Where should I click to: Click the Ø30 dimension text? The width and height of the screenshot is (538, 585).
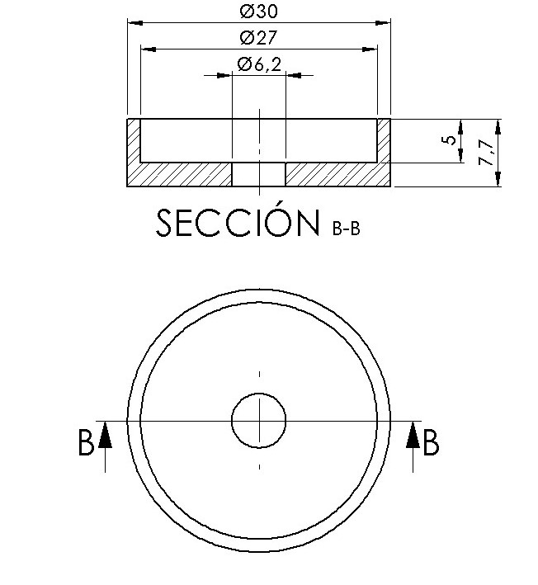[258, 12]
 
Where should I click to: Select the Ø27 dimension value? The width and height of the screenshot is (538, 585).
[258, 38]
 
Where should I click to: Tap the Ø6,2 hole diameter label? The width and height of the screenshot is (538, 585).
[258, 64]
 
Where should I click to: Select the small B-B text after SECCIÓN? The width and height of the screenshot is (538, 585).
[345, 229]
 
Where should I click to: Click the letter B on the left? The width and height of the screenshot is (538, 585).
[86, 443]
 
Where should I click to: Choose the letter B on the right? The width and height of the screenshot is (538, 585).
[430, 443]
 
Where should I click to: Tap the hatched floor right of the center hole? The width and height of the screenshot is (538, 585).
[334, 174]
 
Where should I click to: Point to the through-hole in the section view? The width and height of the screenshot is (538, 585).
[258, 174]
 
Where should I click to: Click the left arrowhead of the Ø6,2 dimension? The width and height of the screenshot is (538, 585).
[224, 75]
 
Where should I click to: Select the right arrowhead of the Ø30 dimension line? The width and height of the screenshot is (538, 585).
[384, 22]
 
